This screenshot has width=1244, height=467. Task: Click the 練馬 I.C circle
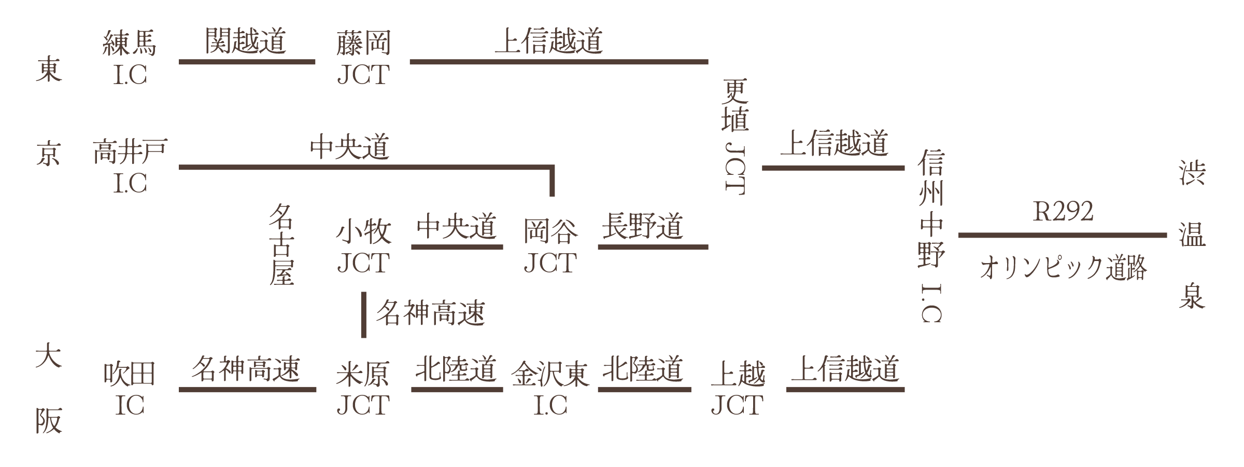click(x=130, y=57)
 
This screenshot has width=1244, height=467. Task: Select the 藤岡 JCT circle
click(x=363, y=57)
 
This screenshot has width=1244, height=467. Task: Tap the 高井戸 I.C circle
click(x=130, y=161)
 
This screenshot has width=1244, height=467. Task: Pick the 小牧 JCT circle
click(x=363, y=244)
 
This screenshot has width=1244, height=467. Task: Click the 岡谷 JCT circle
click(x=550, y=244)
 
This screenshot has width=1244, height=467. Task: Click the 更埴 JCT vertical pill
click(x=735, y=150)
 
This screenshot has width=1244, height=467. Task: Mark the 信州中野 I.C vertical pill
click(x=931, y=233)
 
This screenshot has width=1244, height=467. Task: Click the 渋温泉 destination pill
click(x=1192, y=233)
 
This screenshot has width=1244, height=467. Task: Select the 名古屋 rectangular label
click(x=281, y=245)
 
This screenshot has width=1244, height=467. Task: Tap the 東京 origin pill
click(x=50, y=112)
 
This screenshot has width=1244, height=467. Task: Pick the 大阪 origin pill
click(x=50, y=387)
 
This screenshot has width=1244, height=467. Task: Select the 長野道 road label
click(x=642, y=227)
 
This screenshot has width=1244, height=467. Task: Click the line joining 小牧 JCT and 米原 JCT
click(x=363, y=314)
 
